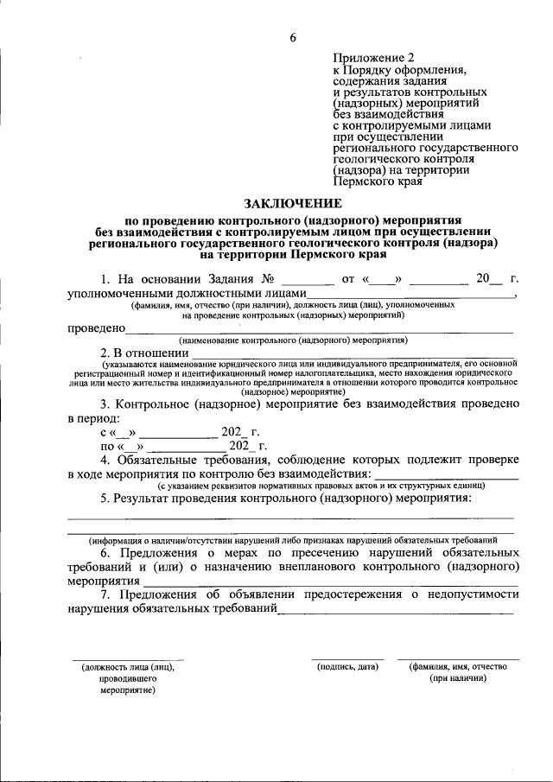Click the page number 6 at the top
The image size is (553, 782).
click(x=293, y=36)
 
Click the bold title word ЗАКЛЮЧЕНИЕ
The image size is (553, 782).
click(x=293, y=203)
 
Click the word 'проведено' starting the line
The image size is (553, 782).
click(x=96, y=328)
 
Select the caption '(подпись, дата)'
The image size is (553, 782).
click(x=347, y=666)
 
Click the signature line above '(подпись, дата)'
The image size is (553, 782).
click(x=347, y=658)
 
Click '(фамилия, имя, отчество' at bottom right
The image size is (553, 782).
click(x=458, y=666)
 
